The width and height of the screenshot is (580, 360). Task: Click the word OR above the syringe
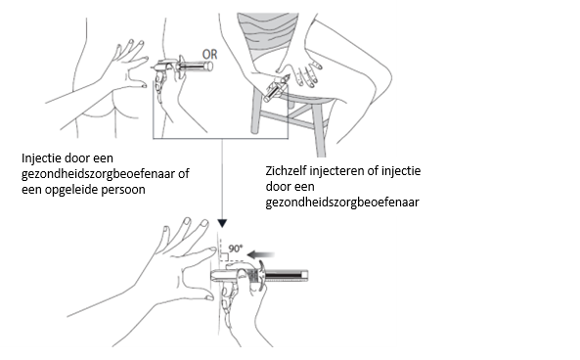[209, 55]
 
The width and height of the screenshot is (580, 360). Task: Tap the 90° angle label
[236, 248]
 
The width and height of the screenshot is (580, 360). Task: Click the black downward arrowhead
[222, 223]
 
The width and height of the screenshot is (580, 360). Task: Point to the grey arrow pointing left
[261, 254]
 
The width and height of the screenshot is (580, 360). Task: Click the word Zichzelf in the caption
[286, 171]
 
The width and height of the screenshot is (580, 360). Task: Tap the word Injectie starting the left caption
[41, 158]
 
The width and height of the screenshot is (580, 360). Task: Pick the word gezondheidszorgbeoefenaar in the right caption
[342, 202]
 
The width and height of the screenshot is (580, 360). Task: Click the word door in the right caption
[277, 187]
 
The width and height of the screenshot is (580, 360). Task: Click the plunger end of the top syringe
[209, 67]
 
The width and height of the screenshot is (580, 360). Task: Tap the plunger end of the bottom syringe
[305, 276]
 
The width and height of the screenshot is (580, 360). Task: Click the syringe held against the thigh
[275, 88]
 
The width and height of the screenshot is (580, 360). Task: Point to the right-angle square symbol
[224, 256]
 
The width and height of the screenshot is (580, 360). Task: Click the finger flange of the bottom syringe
[262, 276]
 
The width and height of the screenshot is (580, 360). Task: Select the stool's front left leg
[256, 110]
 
